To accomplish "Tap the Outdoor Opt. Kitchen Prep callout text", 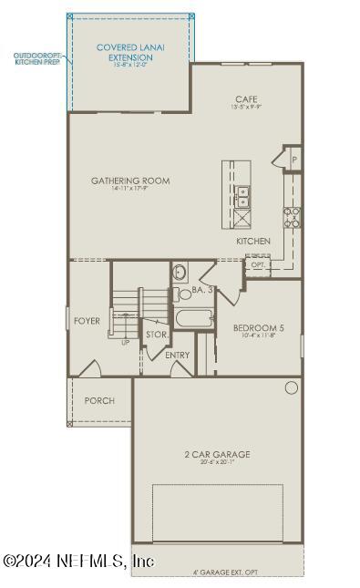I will pyautogui.click(x=37, y=59).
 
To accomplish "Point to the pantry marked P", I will pyautogui.click(x=293, y=159).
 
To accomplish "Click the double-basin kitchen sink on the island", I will pyautogui.click(x=243, y=194).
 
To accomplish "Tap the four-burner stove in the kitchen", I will pyautogui.click(x=293, y=218).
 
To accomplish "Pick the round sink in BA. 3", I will pyautogui.click(x=180, y=272).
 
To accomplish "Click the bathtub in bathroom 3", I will pyautogui.click(x=193, y=319).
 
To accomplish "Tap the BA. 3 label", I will pyautogui.click(x=202, y=290).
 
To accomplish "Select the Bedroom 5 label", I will pyautogui.click(x=258, y=329).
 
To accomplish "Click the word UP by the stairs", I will pyautogui.click(x=125, y=343).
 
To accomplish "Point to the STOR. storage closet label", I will pyautogui.click(x=156, y=335).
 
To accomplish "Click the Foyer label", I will pyautogui.click(x=87, y=321).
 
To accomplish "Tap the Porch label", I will pyautogui.click(x=99, y=400).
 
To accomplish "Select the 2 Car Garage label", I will pyautogui.click(x=217, y=454).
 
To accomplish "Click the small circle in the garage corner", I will pyautogui.click(x=291, y=387).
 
